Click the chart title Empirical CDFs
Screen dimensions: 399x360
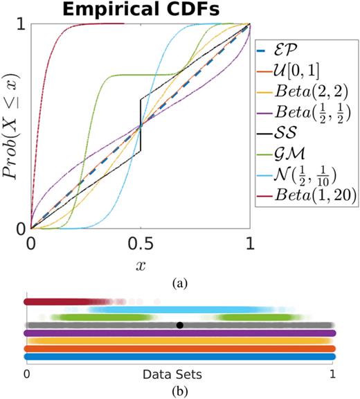tap(140, 10)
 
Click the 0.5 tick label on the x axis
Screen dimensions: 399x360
tap(141, 245)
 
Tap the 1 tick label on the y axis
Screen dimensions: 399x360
tap(21, 26)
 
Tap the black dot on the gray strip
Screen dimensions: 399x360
tap(180, 324)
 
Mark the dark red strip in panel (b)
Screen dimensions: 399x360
tap(55, 302)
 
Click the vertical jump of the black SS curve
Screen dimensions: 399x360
tap(141, 126)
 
